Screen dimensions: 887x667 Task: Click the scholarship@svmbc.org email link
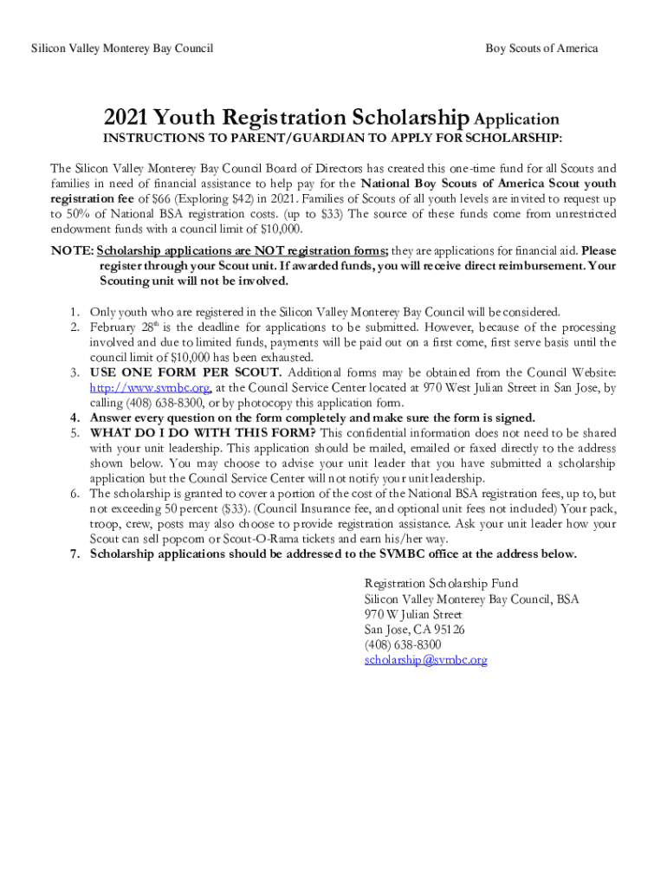pos(425,660)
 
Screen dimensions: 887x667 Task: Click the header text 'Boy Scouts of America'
pos(541,49)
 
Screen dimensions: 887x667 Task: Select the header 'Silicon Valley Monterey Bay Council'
pos(122,49)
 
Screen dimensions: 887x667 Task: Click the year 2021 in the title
pos(129,118)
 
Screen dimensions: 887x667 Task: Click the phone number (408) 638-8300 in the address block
pos(403,644)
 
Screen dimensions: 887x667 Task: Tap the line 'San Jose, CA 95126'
pos(414,630)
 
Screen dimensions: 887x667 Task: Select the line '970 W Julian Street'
pos(413,614)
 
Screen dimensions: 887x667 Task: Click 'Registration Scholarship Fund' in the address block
pos(441,583)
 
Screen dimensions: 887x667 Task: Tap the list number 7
pos(75,554)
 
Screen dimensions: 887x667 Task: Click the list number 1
pos(75,312)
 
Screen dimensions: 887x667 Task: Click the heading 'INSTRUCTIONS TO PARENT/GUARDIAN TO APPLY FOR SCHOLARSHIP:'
pos(333,139)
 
